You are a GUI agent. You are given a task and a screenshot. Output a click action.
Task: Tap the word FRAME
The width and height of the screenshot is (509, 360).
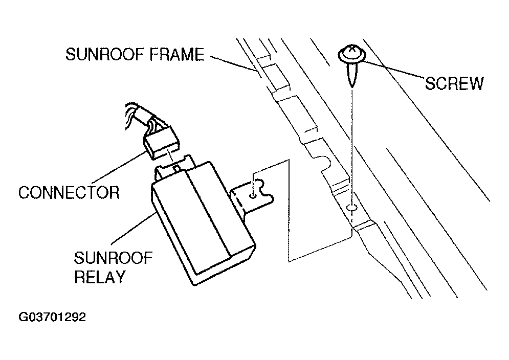click(x=177, y=54)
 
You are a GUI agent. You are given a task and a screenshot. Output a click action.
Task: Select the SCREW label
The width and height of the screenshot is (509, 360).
click(x=454, y=83)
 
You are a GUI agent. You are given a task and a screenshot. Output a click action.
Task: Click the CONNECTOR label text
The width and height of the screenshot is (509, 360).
click(x=69, y=192)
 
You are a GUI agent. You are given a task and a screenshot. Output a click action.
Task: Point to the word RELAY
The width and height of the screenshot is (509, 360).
click(x=100, y=277)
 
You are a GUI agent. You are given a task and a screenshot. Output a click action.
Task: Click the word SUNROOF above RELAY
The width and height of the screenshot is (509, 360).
click(x=113, y=258)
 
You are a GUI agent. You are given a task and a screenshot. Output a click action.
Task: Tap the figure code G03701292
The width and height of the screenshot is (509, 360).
click(x=52, y=317)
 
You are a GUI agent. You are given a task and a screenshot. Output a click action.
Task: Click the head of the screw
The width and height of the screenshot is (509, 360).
click(x=352, y=54)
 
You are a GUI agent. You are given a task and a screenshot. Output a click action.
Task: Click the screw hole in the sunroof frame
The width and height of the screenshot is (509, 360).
click(x=352, y=207)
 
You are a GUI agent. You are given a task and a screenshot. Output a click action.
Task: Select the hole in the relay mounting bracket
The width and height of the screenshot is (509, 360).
click(x=253, y=195)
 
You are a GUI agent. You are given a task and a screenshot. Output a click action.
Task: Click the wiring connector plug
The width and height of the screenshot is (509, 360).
click(x=161, y=142)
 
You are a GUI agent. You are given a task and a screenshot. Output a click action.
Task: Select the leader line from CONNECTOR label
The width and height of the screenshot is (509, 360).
click(x=119, y=167)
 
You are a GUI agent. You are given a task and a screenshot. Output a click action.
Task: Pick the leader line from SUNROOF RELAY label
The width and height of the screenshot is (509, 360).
click(x=133, y=229)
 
